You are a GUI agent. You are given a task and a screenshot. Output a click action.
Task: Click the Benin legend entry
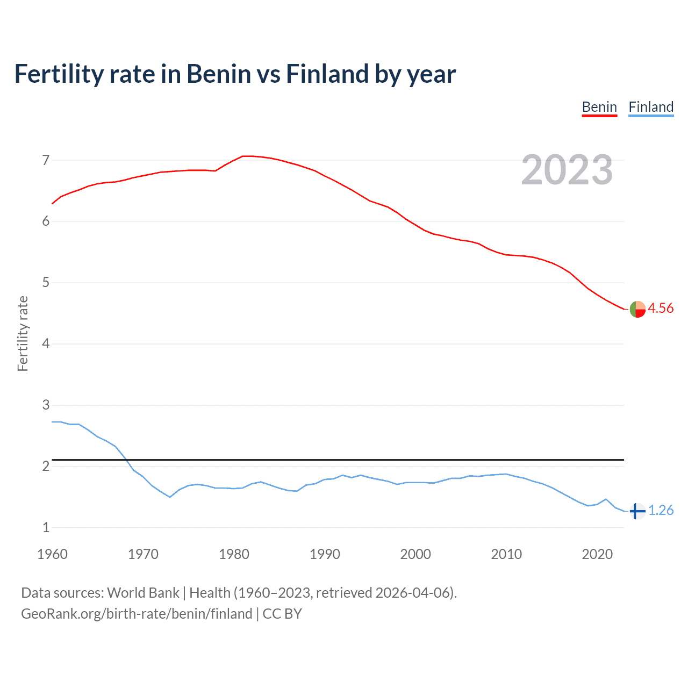599,107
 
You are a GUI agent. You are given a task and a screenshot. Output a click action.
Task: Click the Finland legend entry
651,107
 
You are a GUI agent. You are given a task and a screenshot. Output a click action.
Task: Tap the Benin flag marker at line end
637,309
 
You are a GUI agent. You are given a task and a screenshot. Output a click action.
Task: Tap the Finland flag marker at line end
637,511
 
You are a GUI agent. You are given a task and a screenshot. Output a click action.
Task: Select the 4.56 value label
661,308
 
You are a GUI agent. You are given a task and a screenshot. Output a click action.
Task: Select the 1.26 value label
661,510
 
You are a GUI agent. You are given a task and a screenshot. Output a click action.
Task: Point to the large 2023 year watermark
567,170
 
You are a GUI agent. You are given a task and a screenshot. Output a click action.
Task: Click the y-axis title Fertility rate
23,333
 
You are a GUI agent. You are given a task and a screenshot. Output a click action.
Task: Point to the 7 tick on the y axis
46,160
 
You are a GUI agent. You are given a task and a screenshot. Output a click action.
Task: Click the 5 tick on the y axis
46,283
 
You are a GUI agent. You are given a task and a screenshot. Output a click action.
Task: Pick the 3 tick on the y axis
46,405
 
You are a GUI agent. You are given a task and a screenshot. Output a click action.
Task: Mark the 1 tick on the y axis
46,527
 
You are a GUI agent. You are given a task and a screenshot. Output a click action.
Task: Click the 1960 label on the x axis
52,554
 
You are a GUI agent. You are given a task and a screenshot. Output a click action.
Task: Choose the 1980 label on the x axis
234,554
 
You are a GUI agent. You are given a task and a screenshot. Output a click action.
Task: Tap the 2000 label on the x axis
415,554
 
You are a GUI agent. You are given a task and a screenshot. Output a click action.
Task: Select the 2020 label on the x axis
597,554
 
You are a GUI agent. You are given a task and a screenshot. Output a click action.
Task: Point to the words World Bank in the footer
143,593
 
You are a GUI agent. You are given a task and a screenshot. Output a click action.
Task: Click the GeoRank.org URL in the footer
137,614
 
